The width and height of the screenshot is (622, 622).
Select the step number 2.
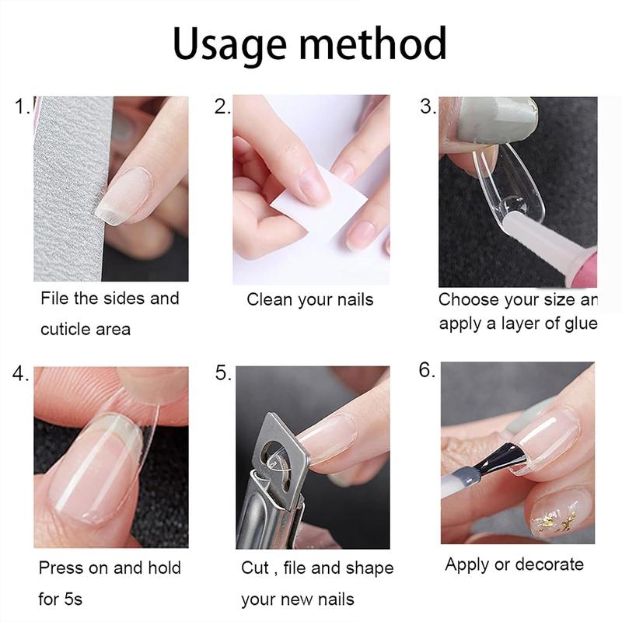(222, 107)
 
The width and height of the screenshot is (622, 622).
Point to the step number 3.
(428, 107)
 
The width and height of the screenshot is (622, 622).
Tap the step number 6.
(428, 370)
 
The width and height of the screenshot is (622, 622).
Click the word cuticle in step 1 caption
(63, 330)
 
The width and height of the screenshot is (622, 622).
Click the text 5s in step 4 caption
(72, 599)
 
